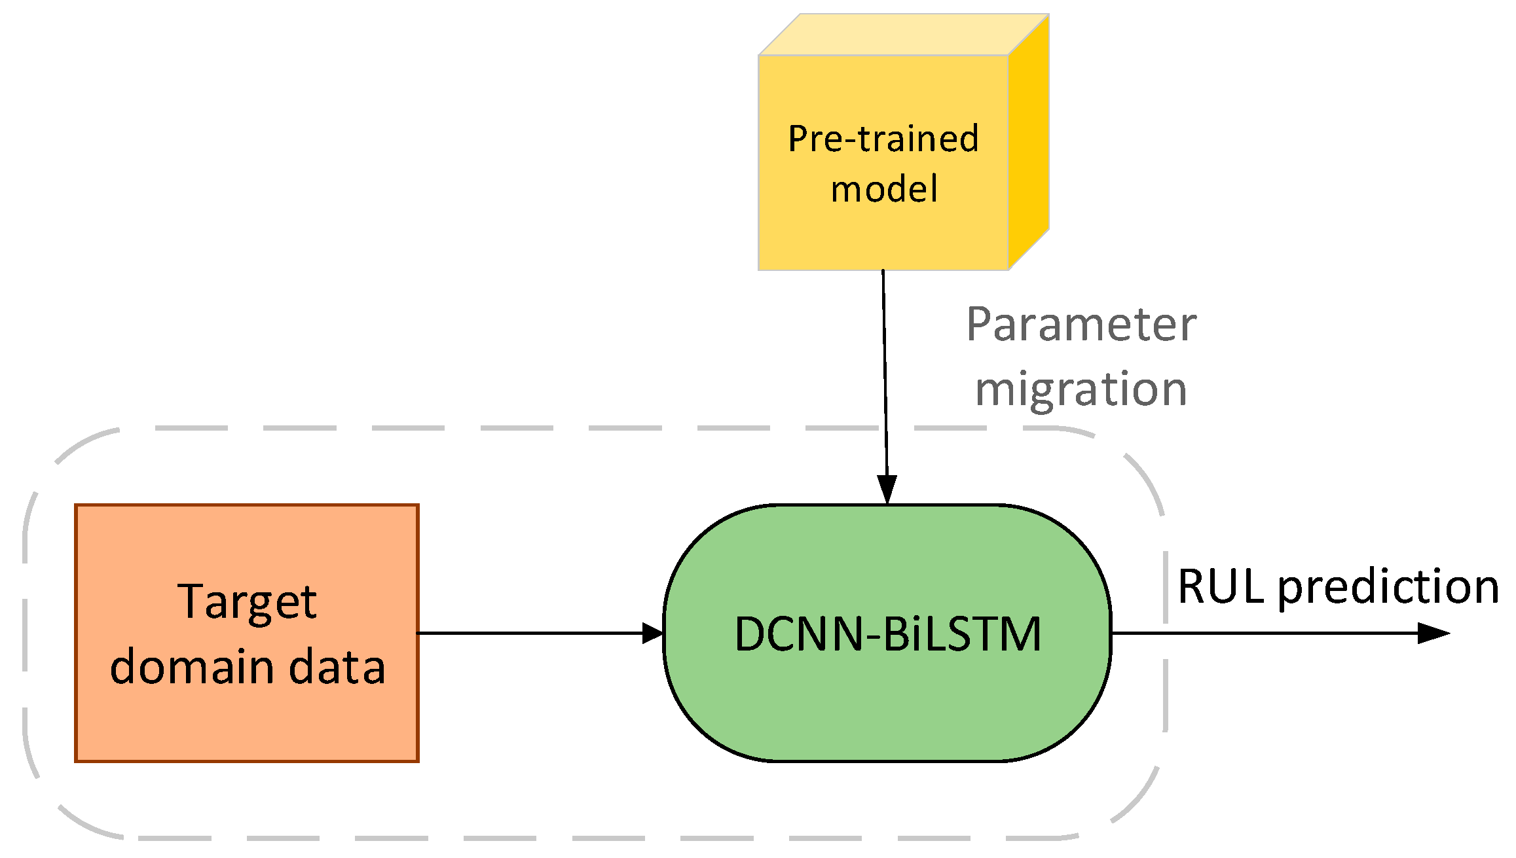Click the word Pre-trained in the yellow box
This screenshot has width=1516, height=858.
click(883, 139)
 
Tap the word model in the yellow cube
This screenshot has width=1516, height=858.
click(884, 189)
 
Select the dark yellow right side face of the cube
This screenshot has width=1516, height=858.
click(1029, 141)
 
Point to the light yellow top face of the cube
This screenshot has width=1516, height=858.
click(904, 35)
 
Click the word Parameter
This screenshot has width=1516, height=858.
click(1081, 325)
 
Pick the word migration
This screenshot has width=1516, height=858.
click(1081, 389)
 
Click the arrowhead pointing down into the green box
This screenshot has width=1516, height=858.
click(887, 490)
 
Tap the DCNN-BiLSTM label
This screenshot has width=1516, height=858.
click(887, 634)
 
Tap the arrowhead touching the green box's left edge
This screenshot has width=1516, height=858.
click(653, 633)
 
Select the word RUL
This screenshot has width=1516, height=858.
click(1221, 586)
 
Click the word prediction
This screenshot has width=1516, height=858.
click(1388, 588)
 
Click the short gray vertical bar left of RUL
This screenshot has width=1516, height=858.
click(1166, 587)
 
